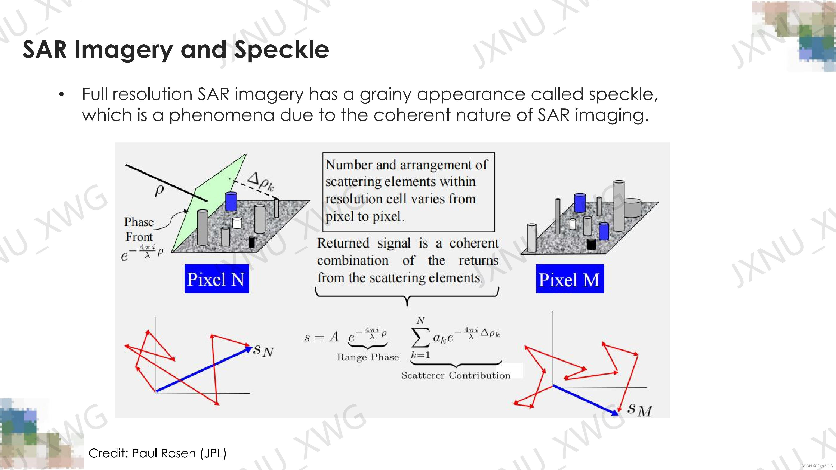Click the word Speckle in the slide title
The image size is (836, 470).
tap(281, 50)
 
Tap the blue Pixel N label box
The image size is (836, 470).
tap(217, 279)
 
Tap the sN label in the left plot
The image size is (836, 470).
tap(263, 350)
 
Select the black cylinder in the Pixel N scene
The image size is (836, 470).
tap(251, 242)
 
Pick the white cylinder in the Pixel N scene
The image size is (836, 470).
tap(237, 223)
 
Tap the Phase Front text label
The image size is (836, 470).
tap(139, 229)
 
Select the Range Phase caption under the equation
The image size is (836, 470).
tap(368, 357)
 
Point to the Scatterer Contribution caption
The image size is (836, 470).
tap(456, 375)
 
